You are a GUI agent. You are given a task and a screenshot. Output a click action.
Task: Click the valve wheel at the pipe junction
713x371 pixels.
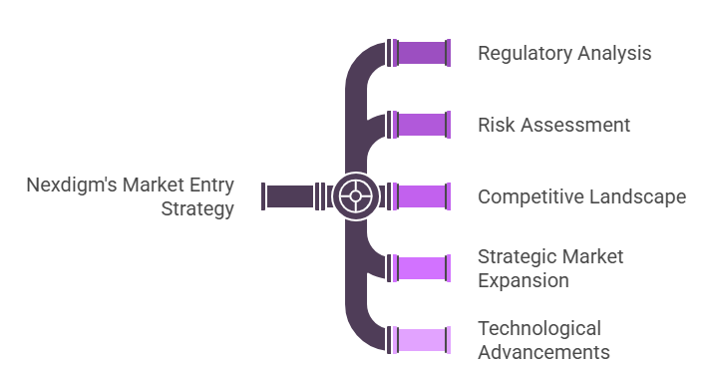[x=353, y=195]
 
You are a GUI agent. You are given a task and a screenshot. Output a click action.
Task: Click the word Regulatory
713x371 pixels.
[x=523, y=53]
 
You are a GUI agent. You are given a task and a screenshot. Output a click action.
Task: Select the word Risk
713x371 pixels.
[x=496, y=125]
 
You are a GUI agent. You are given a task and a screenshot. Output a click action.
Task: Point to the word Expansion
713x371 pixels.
[x=524, y=280]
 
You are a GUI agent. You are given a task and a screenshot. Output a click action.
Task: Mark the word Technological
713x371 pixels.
[x=539, y=328]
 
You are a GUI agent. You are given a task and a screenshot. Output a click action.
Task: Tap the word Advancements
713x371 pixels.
[x=543, y=352]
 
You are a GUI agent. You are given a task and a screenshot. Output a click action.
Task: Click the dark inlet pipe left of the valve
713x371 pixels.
[x=290, y=195]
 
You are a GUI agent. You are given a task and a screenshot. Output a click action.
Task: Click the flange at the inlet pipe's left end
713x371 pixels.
[x=263, y=195]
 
